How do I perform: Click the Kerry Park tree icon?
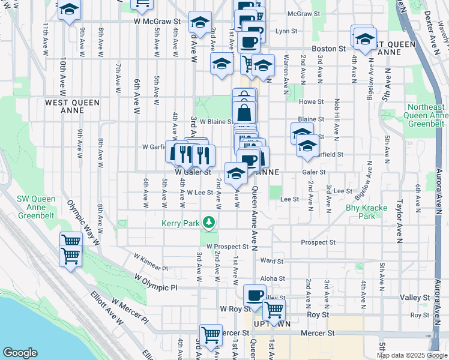209,223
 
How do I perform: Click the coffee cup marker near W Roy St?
254,296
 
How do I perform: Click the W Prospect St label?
228,247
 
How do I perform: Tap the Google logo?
20,353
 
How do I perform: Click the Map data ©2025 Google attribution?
411,355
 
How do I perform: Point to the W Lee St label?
200,193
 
